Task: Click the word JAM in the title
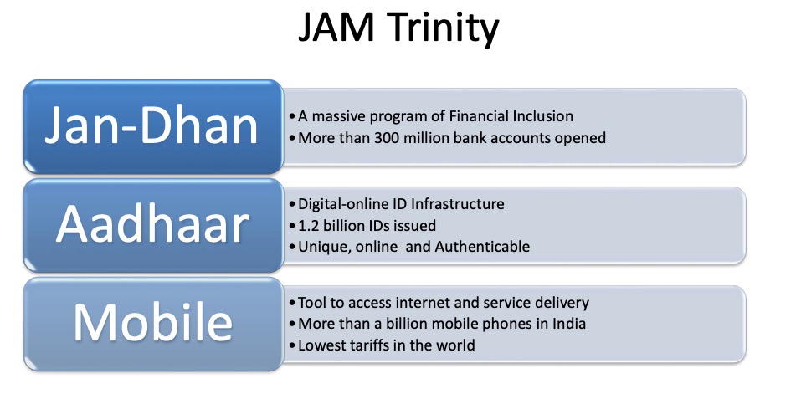[x=339, y=31]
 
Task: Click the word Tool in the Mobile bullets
[x=311, y=303]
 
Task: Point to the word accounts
[x=519, y=137]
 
